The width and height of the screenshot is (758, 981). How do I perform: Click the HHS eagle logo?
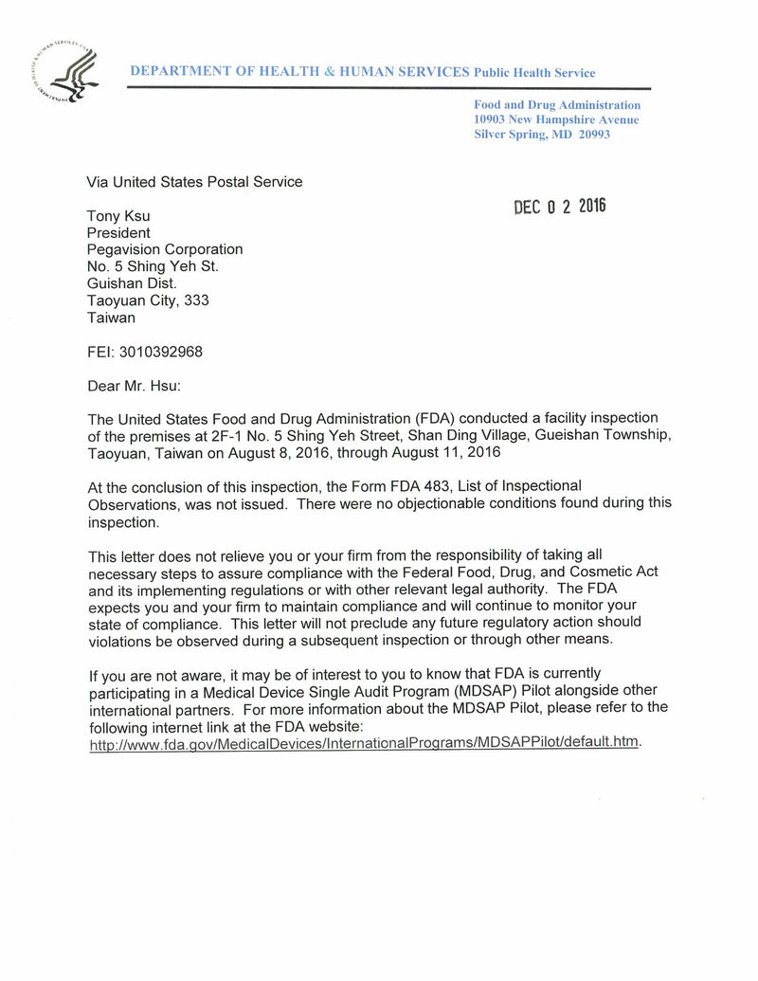click(x=65, y=74)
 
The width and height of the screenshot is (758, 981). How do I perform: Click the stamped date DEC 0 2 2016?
click(x=559, y=207)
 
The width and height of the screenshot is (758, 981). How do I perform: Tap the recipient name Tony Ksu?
click(x=118, y=216)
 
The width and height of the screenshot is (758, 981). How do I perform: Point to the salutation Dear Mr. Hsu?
click(x=134, y=386)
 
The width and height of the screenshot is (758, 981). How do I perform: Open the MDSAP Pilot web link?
click(x=364, y=742)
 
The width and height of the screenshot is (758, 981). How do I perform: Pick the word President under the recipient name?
click(x=118, y=233)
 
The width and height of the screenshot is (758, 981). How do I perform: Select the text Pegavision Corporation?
click(x=165, y=249)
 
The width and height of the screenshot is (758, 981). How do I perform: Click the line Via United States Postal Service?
click(x=194, y=182)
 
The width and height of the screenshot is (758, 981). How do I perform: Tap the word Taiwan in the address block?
click(x=111, y=318)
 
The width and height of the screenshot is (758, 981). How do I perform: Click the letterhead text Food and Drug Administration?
click(x=557, y=105)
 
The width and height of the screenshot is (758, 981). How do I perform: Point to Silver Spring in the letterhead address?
click(x=511, y=135)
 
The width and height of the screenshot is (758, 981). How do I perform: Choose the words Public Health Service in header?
click(x=534, y=73)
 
